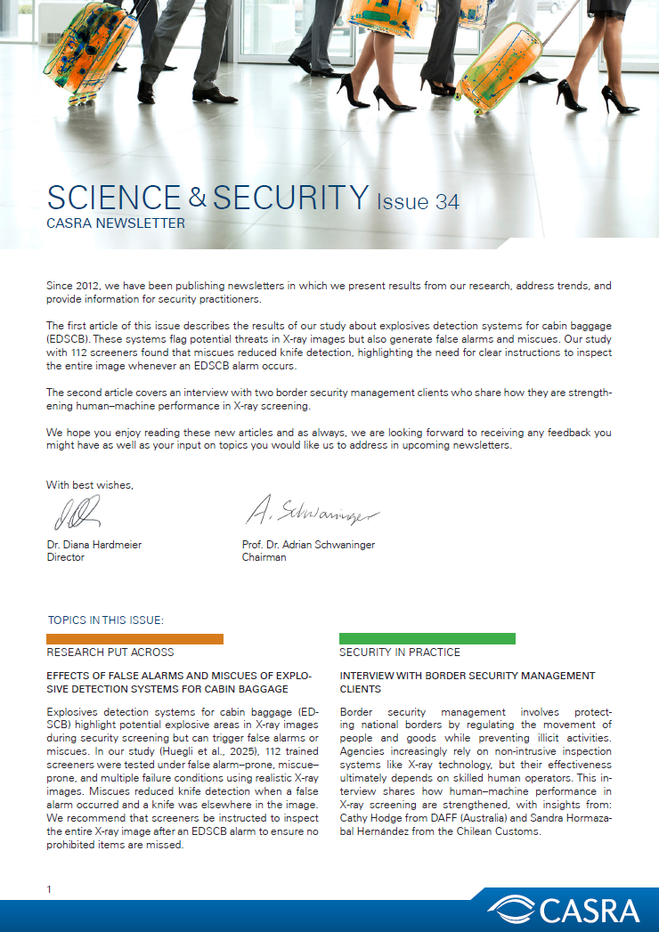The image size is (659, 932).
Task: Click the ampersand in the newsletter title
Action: click(x=197, y=196)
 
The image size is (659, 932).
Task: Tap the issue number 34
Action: click(x=443, y=202)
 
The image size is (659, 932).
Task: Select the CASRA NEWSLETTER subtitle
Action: click(x=116, y=223)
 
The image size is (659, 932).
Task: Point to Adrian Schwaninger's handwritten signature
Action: click(x=312, y=512)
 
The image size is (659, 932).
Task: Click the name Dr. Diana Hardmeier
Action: click(x=94, y=544)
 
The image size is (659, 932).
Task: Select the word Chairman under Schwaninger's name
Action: click(x=264, y=557)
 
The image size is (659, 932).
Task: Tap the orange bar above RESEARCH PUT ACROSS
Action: click(x=134, y=638)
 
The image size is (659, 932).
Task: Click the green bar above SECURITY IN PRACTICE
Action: click(x=427, y=638)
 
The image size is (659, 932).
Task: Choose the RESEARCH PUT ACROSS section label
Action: click(x=110, y=652)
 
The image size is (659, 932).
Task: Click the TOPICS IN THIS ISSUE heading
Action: click(x=106, y=620)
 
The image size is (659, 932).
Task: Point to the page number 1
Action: click(x=50, y=889)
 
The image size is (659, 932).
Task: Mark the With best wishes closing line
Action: click(x=90, y=485)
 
